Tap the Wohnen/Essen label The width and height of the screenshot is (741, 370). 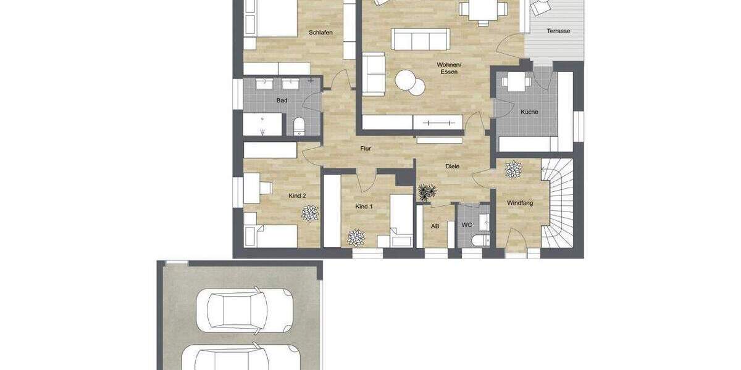[x=449, y=68]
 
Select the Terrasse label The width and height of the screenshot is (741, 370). [x=558, y=31]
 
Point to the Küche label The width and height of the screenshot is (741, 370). [x=529, y=112]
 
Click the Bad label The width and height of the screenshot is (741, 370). [x=282, y=101]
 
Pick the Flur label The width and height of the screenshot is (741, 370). [x=366, y=149]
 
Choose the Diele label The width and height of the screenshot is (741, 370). [x=454, y=166]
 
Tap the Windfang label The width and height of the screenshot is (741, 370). [x=520, y=203]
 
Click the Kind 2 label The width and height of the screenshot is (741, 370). [x=297, y=195]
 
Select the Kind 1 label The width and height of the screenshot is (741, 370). [x=364, y=207]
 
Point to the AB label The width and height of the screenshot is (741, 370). [x=435, y=226]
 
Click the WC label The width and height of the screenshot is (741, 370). [x=467, y=226]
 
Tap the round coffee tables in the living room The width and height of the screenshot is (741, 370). [x=409, y=83]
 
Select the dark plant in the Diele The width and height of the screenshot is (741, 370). [x=426, y=192]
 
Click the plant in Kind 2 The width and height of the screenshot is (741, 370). [x=310, y=213]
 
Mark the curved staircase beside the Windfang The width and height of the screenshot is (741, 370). [x=558, y=203]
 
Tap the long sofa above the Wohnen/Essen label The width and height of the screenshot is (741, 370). [x=420, y=39]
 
